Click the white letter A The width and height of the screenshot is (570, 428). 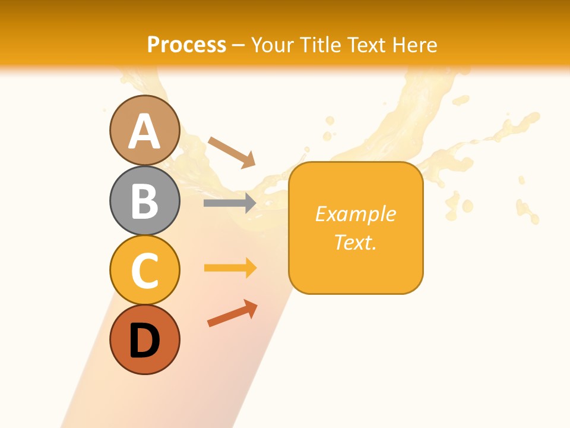pyautogui.click(x=144, y=132)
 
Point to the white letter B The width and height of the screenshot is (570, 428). pyautogui.click(x=144, y=201)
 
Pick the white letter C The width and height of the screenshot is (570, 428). pyautogui.click(x=144, y=270)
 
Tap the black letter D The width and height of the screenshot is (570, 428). pyautogui.click(x=144, y=340)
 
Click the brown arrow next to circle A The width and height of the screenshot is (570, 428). pyautogui.click(x=232, y=152)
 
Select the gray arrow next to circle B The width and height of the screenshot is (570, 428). pyautogui.click(x=230, y=203)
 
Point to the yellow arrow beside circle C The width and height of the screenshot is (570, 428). pyautogui.click(x=230, y=268)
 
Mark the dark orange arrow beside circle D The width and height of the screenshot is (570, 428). pyautogui.click(x=232, y=313)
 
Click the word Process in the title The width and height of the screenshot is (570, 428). pyautogui.click(x=186, y=45)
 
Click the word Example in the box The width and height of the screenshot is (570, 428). pyautogui.click(x=356, y=214)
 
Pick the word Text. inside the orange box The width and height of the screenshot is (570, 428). pyautogui.click(x=356, y=242)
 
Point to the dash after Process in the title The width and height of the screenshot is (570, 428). pyautogui.click(x=239, y=45)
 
